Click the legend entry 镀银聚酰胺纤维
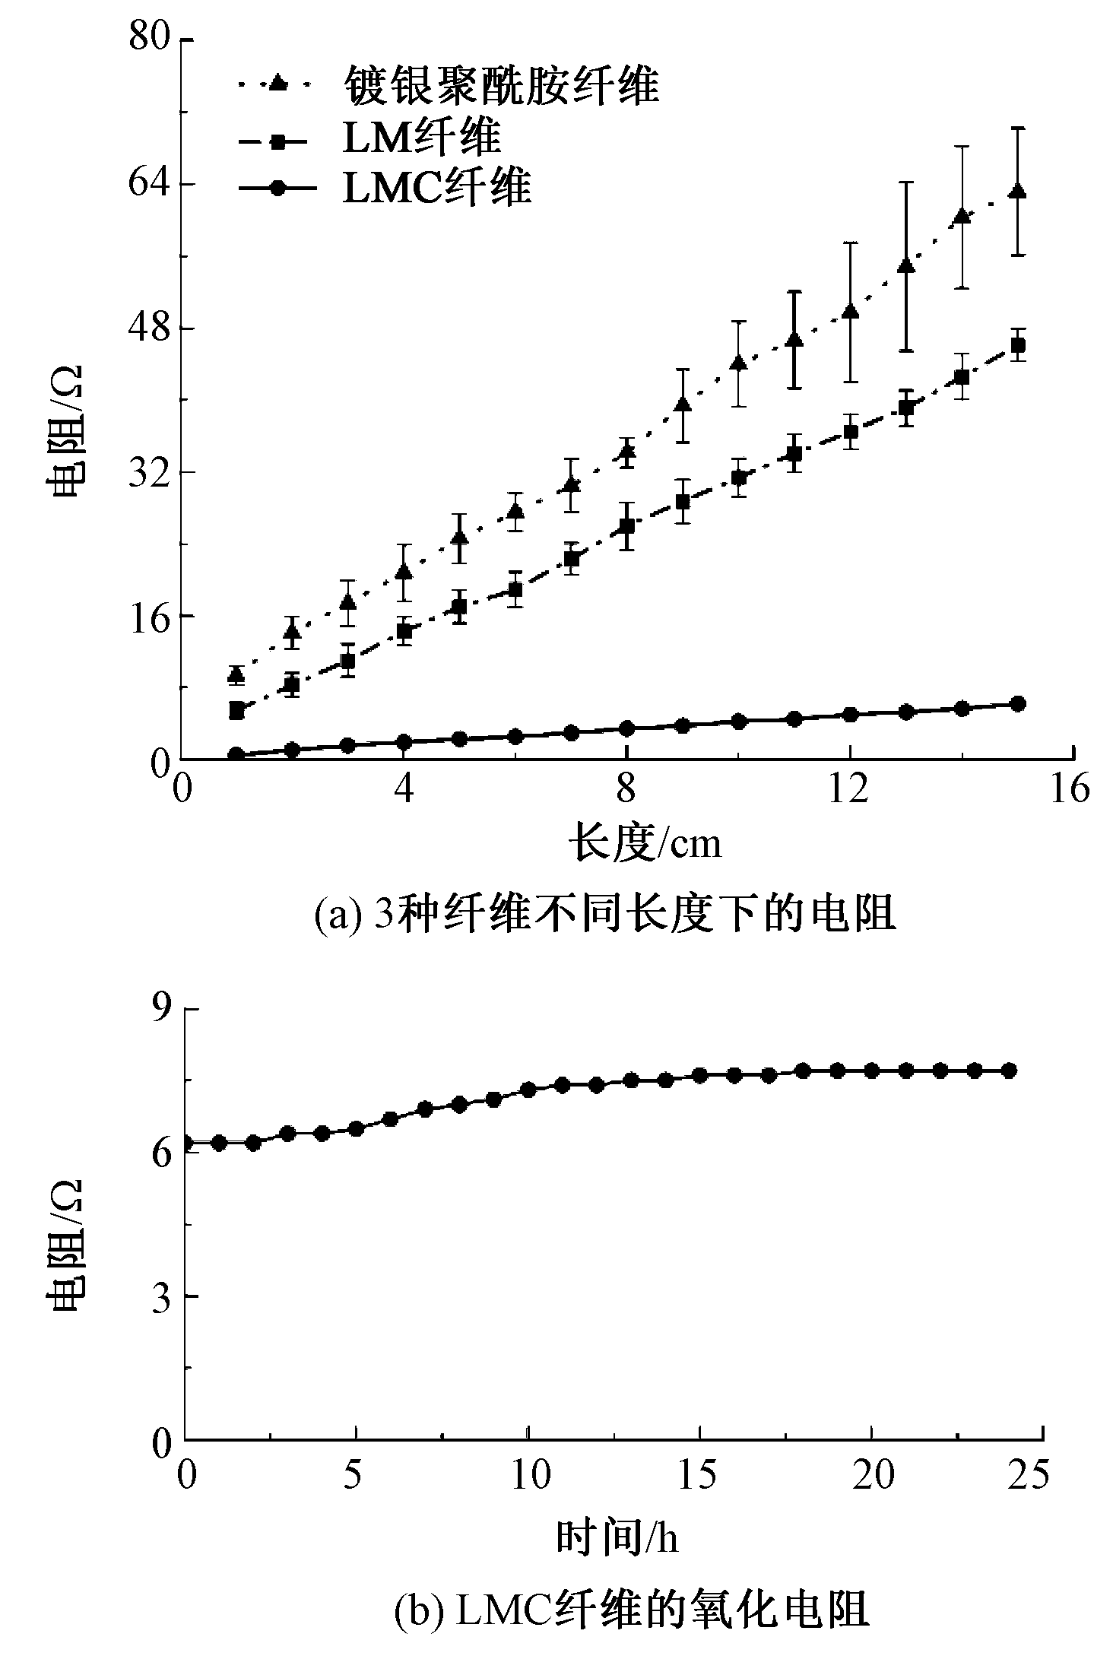[501, 84]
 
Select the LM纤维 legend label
[422, 138]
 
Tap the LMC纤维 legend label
[436, 187]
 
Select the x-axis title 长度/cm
[645, 843]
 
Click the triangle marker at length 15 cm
[1017, 192]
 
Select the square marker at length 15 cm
[1017, 345]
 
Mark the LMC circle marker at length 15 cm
[1017, 703]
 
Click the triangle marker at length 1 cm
[236, 674]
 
